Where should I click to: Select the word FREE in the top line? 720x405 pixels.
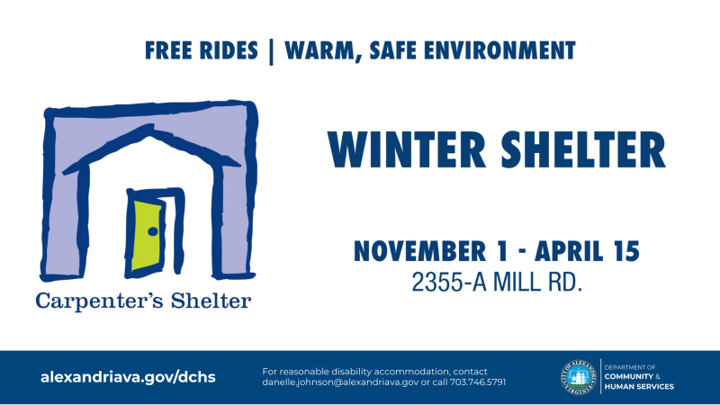173,49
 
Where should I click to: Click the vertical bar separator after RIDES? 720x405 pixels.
271,50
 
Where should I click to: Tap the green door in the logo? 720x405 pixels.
148,236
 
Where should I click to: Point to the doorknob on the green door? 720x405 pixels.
153,232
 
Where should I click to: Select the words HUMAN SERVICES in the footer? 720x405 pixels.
639,387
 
